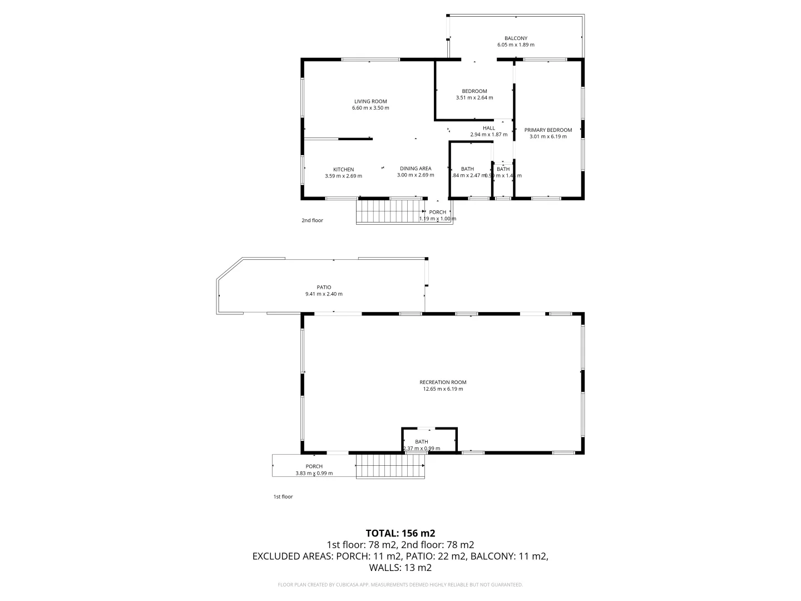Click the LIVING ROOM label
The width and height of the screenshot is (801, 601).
pos(370,101)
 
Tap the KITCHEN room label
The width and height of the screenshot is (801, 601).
pos(343,170)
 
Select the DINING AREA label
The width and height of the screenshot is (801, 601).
pos(416,169)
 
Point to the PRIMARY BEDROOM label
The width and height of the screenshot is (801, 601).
pos(548,130)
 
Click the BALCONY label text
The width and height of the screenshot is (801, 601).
pos(516,38)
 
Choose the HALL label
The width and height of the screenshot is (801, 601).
pos(488,128)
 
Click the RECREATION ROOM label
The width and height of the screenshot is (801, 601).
pos(443,382)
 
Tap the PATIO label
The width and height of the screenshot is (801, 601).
pos(324,288)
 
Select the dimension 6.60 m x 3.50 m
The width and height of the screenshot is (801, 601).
pos(370,108)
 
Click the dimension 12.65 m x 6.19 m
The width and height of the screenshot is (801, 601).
pos(443,389)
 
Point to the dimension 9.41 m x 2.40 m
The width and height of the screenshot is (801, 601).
pos(324,294)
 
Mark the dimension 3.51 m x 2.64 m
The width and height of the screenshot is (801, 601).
pos(474,98)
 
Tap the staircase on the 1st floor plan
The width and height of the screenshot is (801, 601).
pos(390,466)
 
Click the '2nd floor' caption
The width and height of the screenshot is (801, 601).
pos(312,220)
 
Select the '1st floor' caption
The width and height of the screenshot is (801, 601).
pos(283,496)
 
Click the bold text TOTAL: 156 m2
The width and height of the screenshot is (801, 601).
pos(400,533)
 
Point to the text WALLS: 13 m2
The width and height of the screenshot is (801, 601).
pos(400,568)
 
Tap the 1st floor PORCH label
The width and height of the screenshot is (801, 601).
pos(314,466)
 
